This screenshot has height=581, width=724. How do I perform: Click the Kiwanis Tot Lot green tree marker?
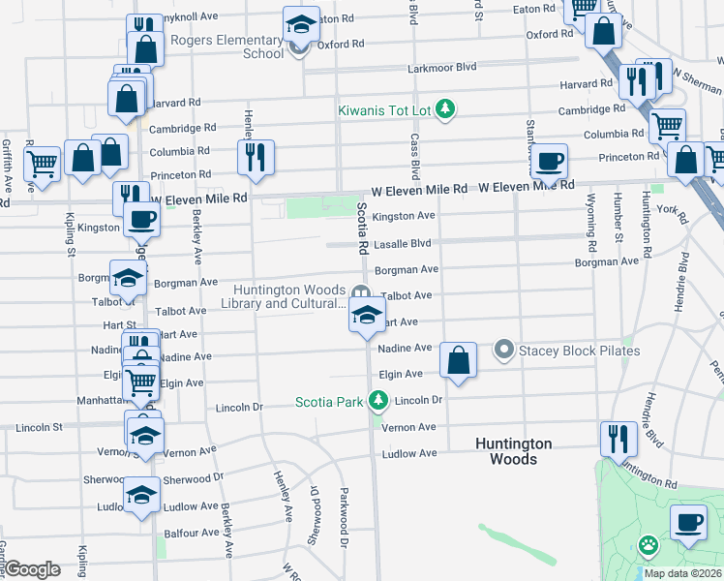pyautogui.click(x=445, y=109)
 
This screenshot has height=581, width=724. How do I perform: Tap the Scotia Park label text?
pyautogui.click(x=329, y=401)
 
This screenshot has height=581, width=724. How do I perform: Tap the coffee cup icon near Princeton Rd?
pyautogui.click(x=550, y=160)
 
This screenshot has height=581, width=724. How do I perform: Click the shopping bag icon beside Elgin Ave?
pyautogui.click(x=459, y=359)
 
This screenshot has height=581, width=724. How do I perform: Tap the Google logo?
pyautogui.click(x=33, y=569)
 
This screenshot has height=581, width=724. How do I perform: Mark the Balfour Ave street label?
pyautogui.click(x=191, y=533)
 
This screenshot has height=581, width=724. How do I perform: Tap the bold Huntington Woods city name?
pyautogui.click(x=513, y=451)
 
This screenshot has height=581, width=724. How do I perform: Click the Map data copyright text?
pyautogui.click(x=682, y=573)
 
